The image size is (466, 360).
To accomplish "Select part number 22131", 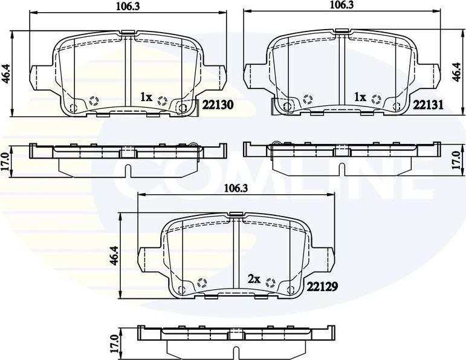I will tap(429, 105).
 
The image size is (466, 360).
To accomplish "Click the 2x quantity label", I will tap(254, 279).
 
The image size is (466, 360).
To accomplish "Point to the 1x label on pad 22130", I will tap(146, 97).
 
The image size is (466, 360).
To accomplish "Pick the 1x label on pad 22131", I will tap(360, 97).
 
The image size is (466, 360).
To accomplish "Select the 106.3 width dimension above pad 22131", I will tap(342, 5).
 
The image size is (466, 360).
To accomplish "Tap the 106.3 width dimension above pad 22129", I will tap(237, 188).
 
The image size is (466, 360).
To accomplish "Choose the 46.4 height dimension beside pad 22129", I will tap(113, 254).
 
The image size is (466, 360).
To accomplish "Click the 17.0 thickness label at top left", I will tap(6, 162).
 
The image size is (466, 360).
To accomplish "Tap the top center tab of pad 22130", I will tap(128, 31).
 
